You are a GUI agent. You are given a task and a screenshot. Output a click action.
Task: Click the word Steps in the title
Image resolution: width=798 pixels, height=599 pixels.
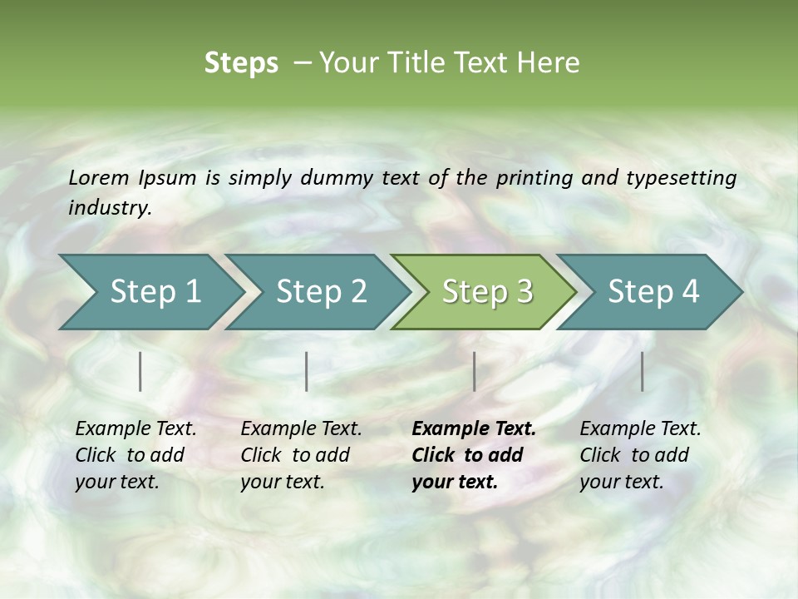coord(241,63)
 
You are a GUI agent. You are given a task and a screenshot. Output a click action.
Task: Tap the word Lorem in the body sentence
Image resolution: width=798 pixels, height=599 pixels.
coord(99,177)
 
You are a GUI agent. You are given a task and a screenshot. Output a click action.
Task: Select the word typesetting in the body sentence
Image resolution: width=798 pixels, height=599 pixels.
coord(681,177)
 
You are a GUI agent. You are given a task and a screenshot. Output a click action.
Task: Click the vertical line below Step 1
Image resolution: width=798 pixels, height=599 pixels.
coord(140,371)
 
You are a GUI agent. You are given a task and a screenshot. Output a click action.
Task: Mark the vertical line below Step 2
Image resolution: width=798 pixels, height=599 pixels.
coord(307,371)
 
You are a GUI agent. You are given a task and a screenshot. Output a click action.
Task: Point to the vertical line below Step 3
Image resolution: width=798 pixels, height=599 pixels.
coord(474,371)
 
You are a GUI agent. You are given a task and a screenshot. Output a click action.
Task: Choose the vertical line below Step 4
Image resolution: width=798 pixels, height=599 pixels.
coord(642,371)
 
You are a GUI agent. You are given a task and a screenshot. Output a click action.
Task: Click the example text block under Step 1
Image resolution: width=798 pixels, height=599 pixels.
coord(135,455)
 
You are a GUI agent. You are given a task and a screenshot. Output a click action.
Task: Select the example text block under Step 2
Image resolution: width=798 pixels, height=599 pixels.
coord(301,455)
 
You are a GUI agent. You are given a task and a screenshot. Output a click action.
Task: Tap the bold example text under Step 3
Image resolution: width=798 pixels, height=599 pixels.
coord(474,455)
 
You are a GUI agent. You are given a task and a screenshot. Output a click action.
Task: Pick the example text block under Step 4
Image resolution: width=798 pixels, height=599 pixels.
coord(640,455)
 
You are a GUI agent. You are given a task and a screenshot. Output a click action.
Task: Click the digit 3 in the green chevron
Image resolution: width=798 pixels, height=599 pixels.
coord(523,291)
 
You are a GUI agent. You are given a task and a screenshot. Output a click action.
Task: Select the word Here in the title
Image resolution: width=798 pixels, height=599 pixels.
coord(549,63)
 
